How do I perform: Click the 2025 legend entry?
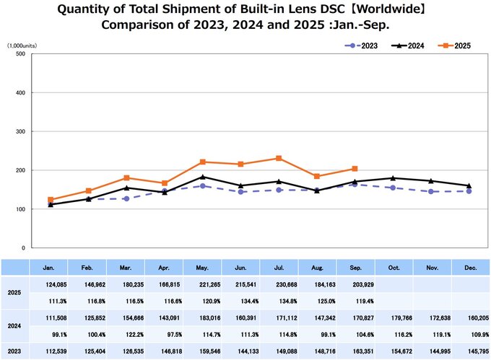(456, 45)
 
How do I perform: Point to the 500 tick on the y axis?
(21, 54)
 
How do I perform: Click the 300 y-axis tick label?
(21, 131)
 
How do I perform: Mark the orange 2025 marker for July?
(279, 158)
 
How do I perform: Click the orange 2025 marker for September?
(355, 169)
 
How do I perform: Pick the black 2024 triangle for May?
(202, 177)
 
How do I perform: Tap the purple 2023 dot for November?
(430, 192)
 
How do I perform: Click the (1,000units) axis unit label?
(22, 45)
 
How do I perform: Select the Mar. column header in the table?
(126, 268)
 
